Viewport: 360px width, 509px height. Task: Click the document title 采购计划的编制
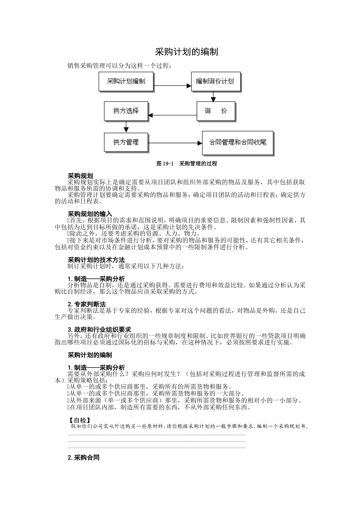[186, 52]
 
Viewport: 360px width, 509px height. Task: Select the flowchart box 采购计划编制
[126, 81]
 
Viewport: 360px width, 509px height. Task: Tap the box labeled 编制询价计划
[215, 81]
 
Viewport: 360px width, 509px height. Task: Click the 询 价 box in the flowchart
[216, 111]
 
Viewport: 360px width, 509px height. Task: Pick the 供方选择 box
[126, 111]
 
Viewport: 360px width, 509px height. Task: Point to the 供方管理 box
[126, 142]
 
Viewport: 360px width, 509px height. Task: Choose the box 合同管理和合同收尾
[238, 143]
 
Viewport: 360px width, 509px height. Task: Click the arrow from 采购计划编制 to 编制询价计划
[172, 86]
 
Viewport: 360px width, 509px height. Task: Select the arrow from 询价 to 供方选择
[172, 115]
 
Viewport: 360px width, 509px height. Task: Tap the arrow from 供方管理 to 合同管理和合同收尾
[175, 143]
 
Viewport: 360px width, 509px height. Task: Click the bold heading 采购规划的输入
[90, 214]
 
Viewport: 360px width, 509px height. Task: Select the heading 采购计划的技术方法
[96, 260]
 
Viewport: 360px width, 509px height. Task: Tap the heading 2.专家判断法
[87, 304]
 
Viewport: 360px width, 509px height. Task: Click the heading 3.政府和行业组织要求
[99, 329]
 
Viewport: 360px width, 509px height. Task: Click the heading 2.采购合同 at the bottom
[83, 457]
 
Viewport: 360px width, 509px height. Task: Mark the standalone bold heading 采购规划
[80, 176]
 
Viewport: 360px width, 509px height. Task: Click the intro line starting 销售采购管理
[120, 66]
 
